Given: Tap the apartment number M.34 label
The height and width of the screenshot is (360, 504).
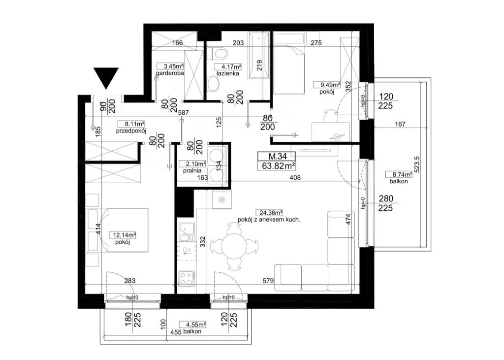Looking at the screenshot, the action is (x=277, y=157).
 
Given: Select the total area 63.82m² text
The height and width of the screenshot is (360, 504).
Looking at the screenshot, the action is (x=277, y=165).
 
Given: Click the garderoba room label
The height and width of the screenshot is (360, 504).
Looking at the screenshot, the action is (x=170, y=73).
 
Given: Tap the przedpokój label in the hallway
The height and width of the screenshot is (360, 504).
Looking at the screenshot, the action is (x=131, y=131).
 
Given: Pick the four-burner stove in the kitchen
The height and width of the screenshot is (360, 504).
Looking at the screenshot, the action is (x=187, y=279).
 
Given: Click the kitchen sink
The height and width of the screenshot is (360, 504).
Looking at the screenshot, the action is (x=187, y=232).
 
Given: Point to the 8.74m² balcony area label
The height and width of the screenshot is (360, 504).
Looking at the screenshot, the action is (x=399, y=175).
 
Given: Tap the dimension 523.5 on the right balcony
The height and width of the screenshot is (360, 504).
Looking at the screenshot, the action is (x=416, y=165).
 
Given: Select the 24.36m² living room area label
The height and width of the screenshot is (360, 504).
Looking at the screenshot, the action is (x=269, y=213).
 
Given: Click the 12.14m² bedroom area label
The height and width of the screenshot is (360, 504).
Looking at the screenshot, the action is (x=123, y=235).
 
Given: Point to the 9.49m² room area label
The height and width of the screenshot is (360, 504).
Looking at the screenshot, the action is (x=327, y=85).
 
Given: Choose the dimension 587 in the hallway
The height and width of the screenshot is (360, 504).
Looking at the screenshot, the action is (x=183, y=113).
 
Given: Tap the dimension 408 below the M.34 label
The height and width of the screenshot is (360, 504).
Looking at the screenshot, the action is (x=295, y=178).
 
